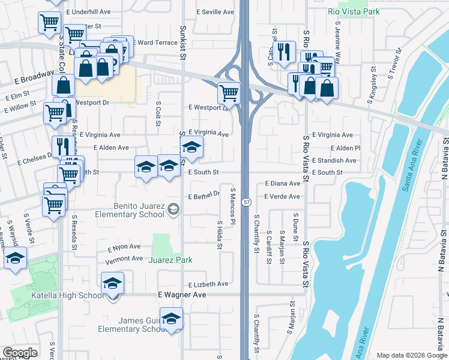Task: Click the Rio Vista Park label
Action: (x=355, y=11)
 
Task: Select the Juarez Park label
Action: (x=171, y=260)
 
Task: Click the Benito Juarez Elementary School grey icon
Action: (x=173, y=208)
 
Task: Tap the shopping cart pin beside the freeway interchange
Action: (x=229, y=93)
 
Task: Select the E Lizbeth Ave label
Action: (x=208, y=284)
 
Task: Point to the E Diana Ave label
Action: (x=282, y=184)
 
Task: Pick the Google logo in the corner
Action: (x=20, y=353)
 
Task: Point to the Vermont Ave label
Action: (x=124, y=259)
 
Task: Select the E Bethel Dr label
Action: (x=205, y=197)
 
